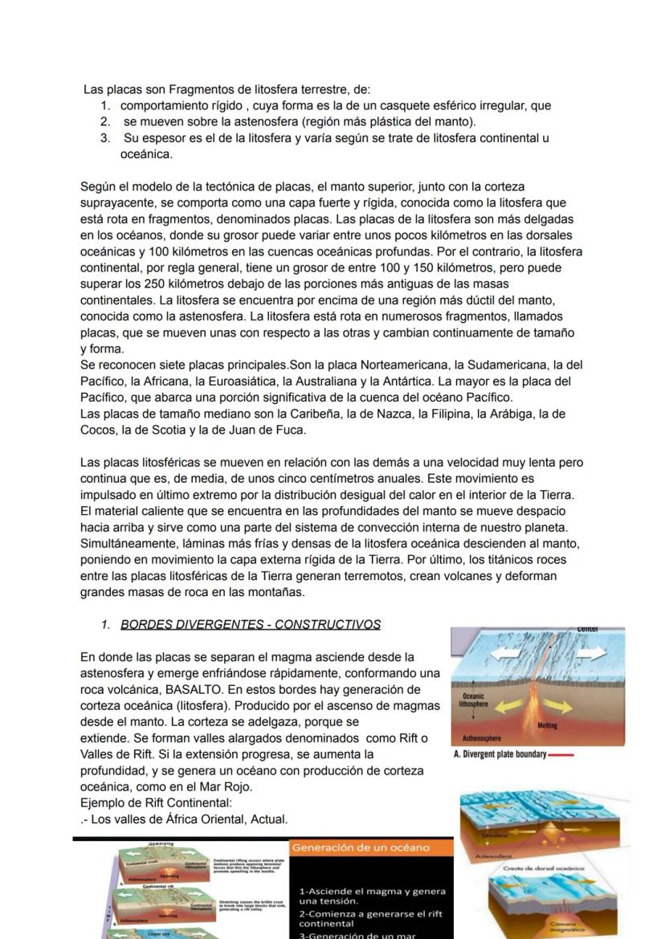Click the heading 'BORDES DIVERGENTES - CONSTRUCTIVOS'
(x=250, y=625)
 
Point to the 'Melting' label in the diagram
(x=569, y=726)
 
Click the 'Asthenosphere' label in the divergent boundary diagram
(x=482, y=737)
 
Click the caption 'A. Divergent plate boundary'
(x=500, y=755)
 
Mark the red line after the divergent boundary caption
(x=562, y=755)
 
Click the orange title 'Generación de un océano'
(x=361, y=848)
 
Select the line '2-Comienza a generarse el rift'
(x=372, y=913)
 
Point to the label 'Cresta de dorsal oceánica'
(x=543, y=868)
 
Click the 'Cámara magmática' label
(x=603, y=927)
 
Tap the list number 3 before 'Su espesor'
(x=104, y=138)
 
